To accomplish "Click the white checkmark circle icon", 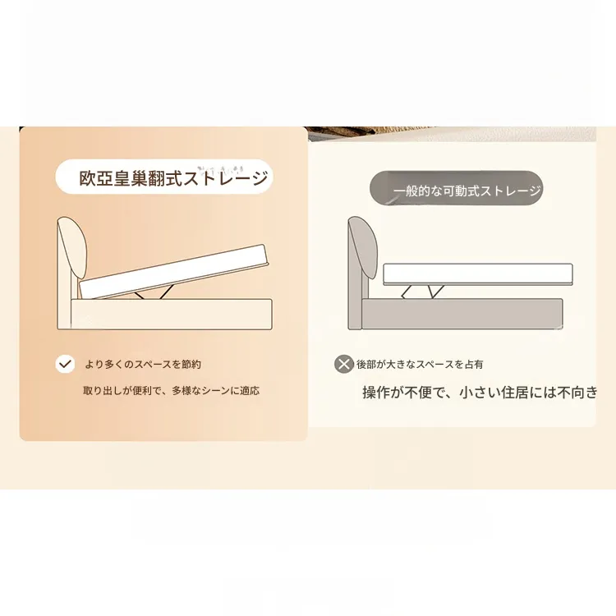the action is point(65,364).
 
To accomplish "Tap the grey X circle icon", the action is point(344,364).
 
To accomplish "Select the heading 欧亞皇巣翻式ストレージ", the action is point(174,178).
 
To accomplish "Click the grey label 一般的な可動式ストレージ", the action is point(467,191).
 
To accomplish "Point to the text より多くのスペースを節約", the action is point(143,365).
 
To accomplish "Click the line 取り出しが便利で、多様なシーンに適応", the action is point(172,390).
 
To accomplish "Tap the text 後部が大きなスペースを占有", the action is point(420,365).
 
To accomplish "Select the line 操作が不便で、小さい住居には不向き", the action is point(480,393).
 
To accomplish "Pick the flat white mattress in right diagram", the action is point(478,274).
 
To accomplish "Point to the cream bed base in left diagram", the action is point(172,315).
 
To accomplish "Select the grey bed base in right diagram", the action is point(462,314).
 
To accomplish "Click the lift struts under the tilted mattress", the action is point(154,292).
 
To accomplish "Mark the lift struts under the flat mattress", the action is point(423,292).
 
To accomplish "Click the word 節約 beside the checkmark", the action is point(191,365).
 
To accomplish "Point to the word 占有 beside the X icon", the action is point(474,365).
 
